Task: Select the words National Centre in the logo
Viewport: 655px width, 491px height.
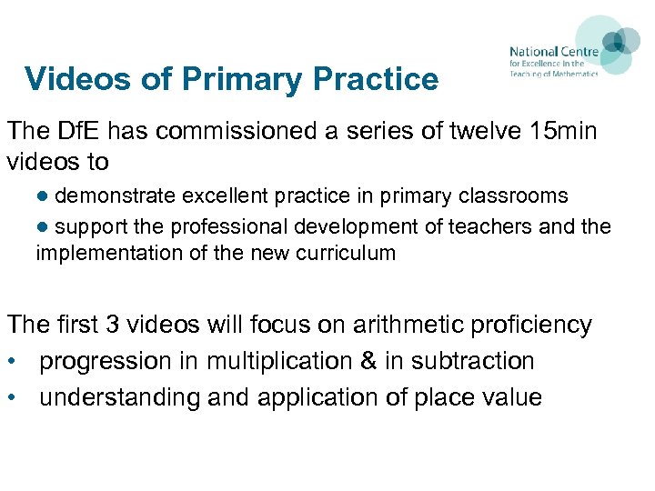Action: pyautogui.click(x=553, y=52)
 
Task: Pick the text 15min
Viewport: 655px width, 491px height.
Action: pyautogui.click(x=560, y=131)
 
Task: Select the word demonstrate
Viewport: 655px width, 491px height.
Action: pyautogui.click(x=121, y=195)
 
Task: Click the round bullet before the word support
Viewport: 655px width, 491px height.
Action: pyautogui.click(x=43, y=225)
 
